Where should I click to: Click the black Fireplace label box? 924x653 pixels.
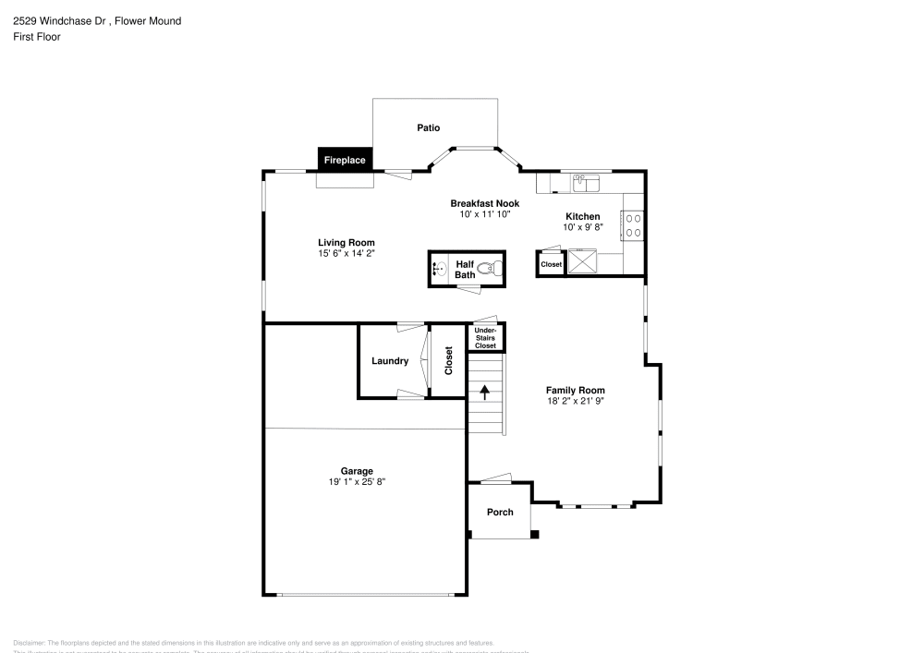(x=344, y=160)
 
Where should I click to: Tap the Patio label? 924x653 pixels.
(x=428, y=128)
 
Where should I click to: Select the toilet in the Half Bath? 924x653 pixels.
(x=494, y=269)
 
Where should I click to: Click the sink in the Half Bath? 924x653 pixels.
(x=439, y=270)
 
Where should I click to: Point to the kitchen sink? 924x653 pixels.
(x=586, y=182)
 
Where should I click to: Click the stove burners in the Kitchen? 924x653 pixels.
(x=634, y=225)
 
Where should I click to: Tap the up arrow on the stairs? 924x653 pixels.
(x=484, y=392)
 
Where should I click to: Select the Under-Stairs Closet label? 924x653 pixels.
(x=485, y=337)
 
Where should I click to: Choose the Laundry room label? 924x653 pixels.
(x=390, y=361)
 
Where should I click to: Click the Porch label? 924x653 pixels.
(x=500, y=513)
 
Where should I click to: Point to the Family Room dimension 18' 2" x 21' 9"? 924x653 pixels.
(x=575, y=401)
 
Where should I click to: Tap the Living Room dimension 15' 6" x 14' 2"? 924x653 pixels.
(x=346, y=253)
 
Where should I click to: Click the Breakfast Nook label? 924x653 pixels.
(x=484, y=203)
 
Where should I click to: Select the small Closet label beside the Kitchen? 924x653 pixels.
(x=551, y=264)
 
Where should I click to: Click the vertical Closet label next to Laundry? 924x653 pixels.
(x=449, y=361)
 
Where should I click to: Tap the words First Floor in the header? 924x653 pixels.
(x=37, y=37)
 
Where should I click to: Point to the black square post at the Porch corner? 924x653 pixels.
(x=534, y=534)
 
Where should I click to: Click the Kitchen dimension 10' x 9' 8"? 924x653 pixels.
(x=583, y=227)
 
